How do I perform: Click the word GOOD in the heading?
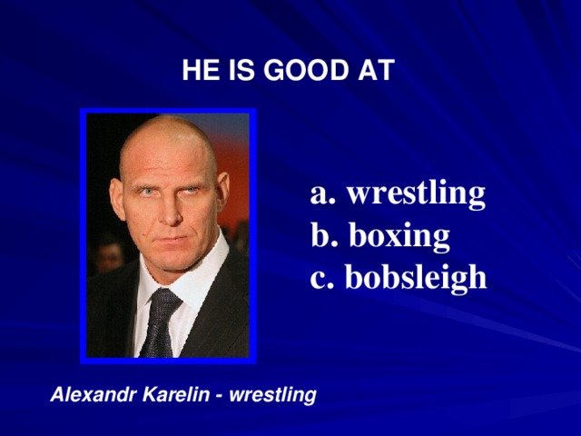[302, 71]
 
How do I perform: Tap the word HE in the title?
[196, 71]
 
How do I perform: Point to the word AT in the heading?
[377, 71]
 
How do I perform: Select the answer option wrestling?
[416, 194]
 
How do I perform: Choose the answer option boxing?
[399, 236]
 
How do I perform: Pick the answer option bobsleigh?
[417, 277]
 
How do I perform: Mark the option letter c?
[320, 279]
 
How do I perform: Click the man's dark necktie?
[159, 322]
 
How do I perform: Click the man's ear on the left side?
[115, 196]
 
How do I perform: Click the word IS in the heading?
[241, 71]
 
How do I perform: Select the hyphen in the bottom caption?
[221, 396]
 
